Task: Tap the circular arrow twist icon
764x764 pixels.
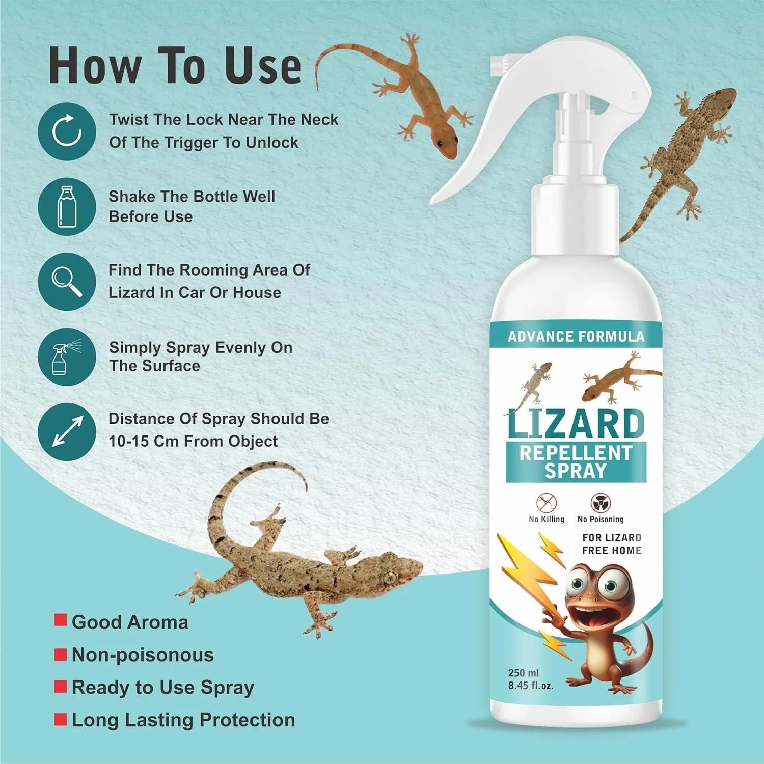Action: pyautogui.click(x=67, y=131)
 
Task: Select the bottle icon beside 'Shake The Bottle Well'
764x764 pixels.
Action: pyautogui.click(x=67, y=206)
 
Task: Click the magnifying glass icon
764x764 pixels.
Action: pyautogui.click(x=67, y=281)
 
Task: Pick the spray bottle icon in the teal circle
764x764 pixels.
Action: pyautogui.click(x=67, y=357)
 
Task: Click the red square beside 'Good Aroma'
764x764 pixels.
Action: pyautogui.click(x=61, y=620)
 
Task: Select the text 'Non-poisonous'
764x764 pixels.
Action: pyautogui.click(x=143, y=655)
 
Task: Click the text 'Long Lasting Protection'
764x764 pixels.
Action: pyautogui.click(x=183, y=720)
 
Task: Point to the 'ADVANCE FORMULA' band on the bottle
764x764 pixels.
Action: pyautogui.click(x=576, y=337)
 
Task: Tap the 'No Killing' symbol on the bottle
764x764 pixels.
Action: pyautogui.click(x=547, y=503)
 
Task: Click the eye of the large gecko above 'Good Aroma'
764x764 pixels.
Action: pyautogui.click(x=391, y=577)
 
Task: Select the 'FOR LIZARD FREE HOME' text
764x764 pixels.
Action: pyautogui.click(x=611, y=544)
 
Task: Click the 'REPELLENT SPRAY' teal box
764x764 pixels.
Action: pyautogui.click(x=576, y=461)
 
